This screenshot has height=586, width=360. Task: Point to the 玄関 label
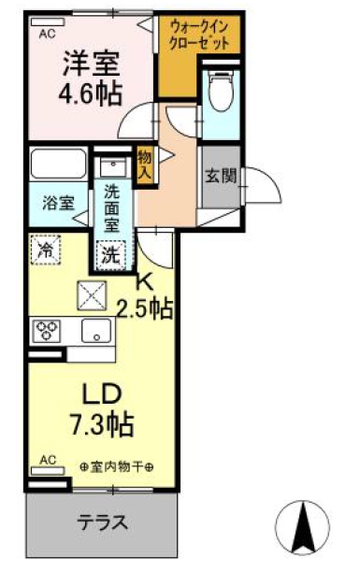pos(221,174)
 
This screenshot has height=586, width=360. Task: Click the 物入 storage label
pos(145,164)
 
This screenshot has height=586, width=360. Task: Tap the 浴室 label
pos(59,203)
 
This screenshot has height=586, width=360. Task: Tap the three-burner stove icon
pos(48,329)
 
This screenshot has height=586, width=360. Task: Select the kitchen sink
pos(94,330)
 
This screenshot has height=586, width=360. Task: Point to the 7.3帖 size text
pos(103,423)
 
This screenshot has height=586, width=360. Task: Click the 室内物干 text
pos(116,467)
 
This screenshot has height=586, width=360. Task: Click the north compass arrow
pos(304,528)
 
